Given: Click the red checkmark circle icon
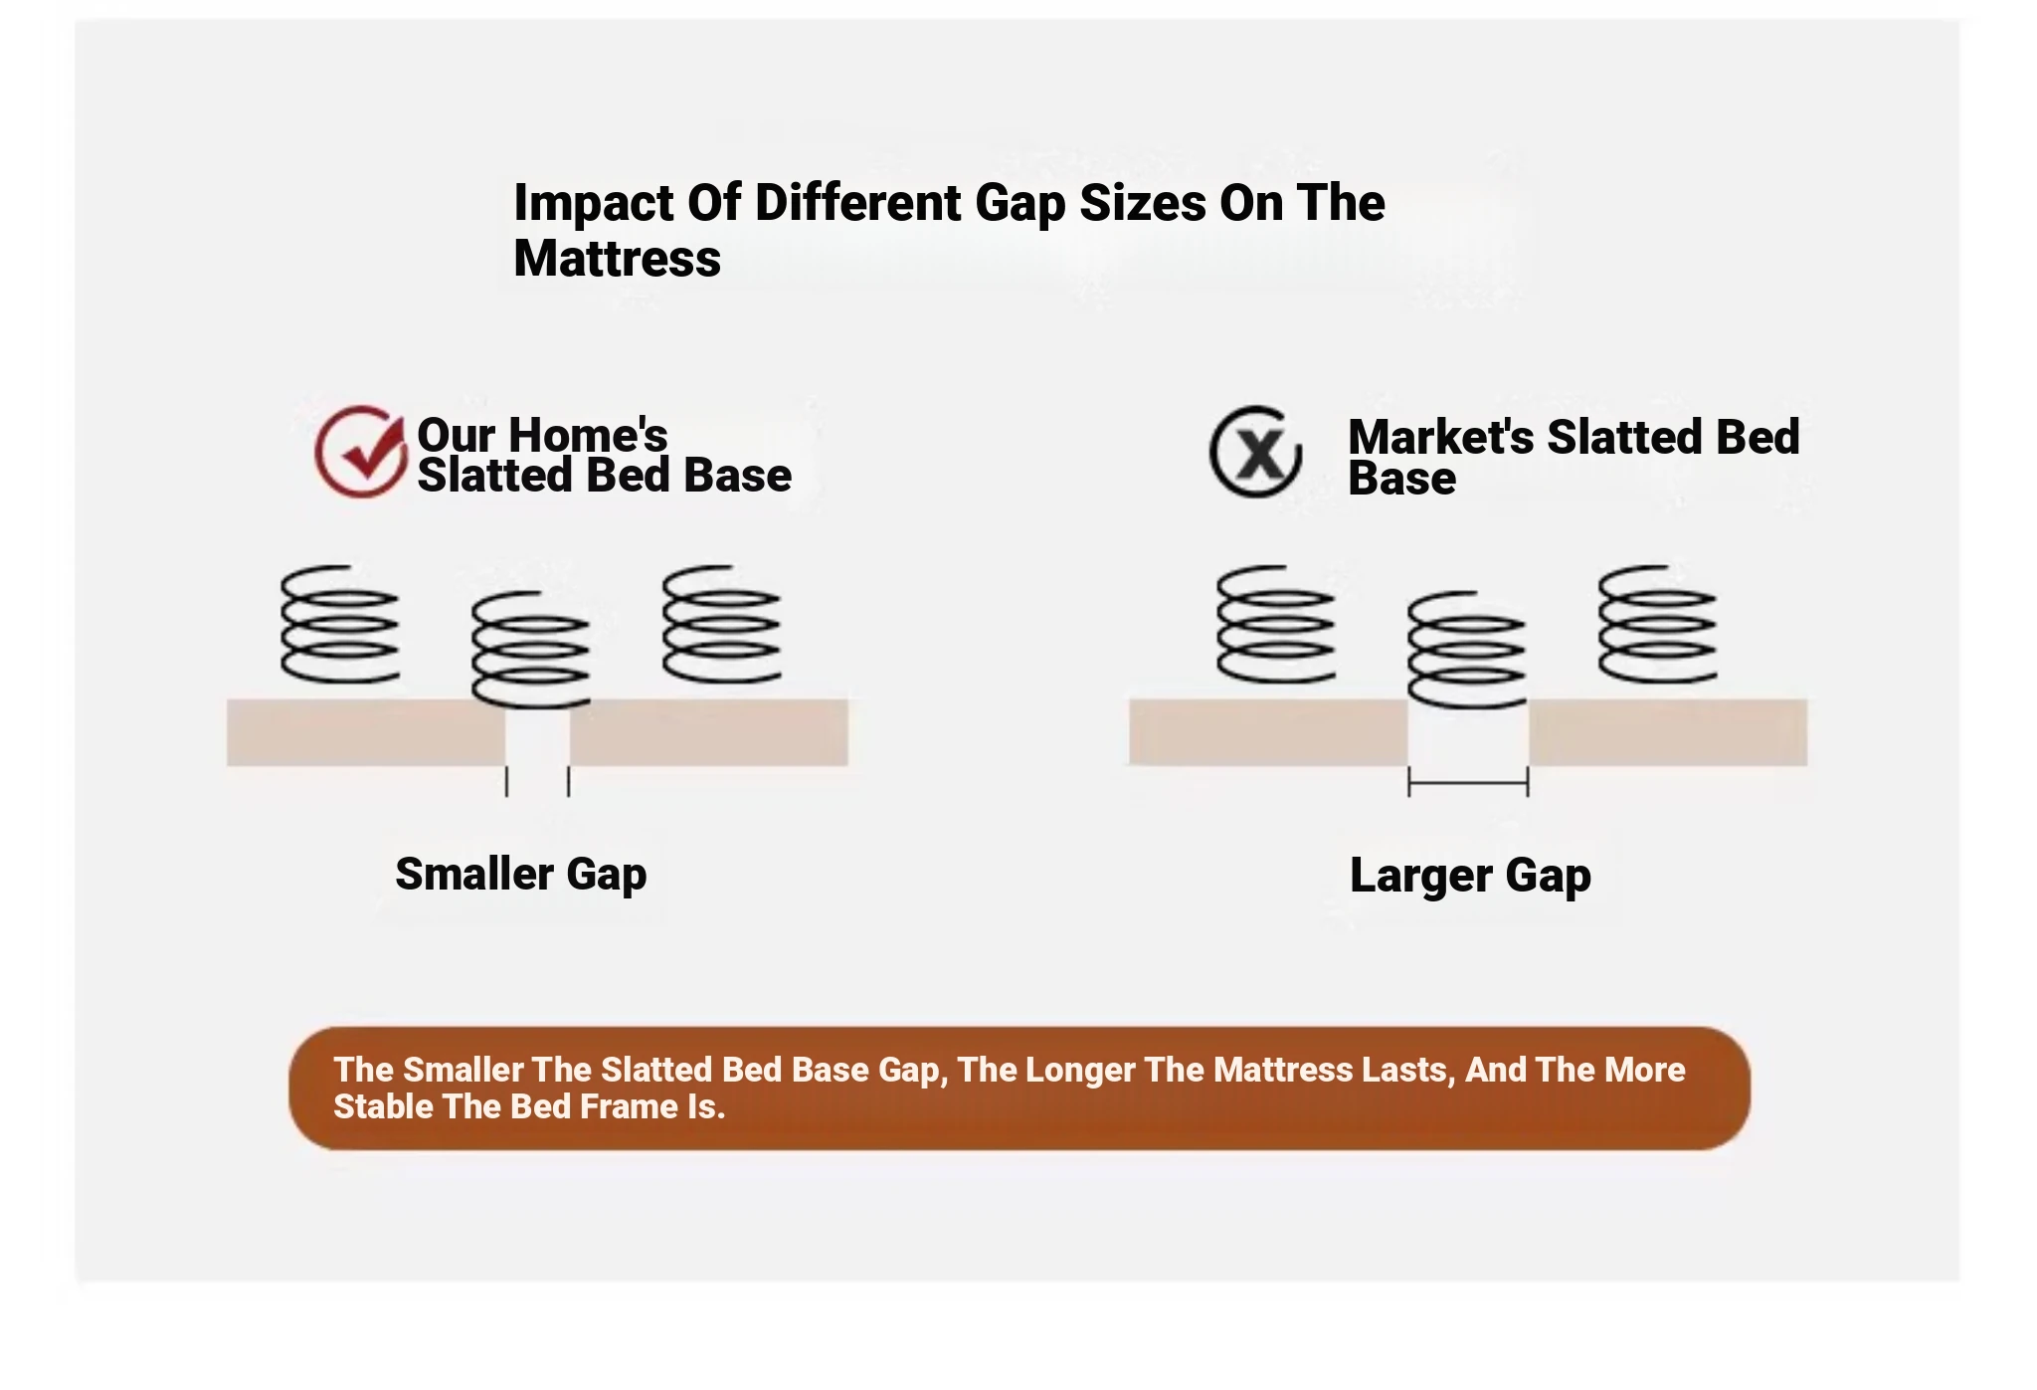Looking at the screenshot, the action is click(x=360, y=451).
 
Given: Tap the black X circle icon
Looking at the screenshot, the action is click(x=1255, y=451).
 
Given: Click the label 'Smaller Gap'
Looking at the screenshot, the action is click(x=521, y=875).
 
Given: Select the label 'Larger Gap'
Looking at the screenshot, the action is click(x=1470, y=876).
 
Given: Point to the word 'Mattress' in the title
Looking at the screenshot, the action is click(x=617, y=259).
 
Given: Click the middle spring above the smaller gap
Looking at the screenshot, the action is click(x=530, y=650).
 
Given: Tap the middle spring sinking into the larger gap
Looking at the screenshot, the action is click(x=1466, y=650).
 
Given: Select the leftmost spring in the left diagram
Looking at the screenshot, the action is click(x=339, y=624).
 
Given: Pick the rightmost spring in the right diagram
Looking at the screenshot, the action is click(x=1657, y=624).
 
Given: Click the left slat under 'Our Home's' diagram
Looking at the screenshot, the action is click(x=366, y=732).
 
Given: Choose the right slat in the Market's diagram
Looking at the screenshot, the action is click(x=1668, y=732).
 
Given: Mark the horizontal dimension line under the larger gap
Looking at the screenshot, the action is click(x=1468, y=783).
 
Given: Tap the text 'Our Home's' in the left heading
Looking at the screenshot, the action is click(x=542, y=435).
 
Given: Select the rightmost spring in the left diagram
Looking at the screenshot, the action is click(x=721, y=624).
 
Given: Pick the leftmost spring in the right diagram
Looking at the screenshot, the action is click(x=1276, y=624).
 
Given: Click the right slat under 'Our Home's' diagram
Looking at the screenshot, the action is click(x=709, y=732).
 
